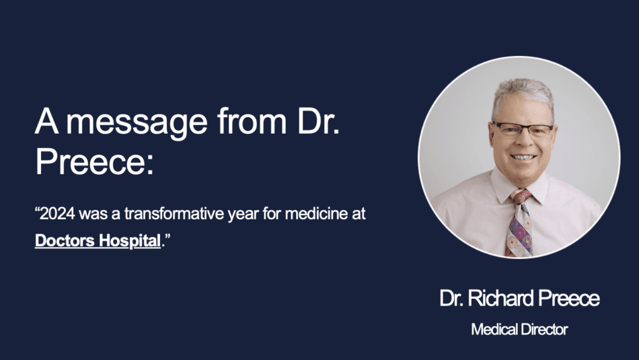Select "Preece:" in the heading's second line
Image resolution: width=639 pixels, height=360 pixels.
(x=95, y=161)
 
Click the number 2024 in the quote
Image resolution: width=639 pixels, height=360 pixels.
(x=57, y=213)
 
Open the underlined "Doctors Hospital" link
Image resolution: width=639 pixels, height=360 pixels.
(x=98, y=240)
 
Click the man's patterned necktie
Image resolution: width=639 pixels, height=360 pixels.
(x=519, y=224)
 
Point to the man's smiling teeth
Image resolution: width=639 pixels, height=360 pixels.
(x=523, y=157)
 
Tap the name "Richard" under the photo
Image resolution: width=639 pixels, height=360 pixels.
(x=500, y=299)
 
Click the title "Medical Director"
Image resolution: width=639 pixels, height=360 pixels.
(x=519, y=330)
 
